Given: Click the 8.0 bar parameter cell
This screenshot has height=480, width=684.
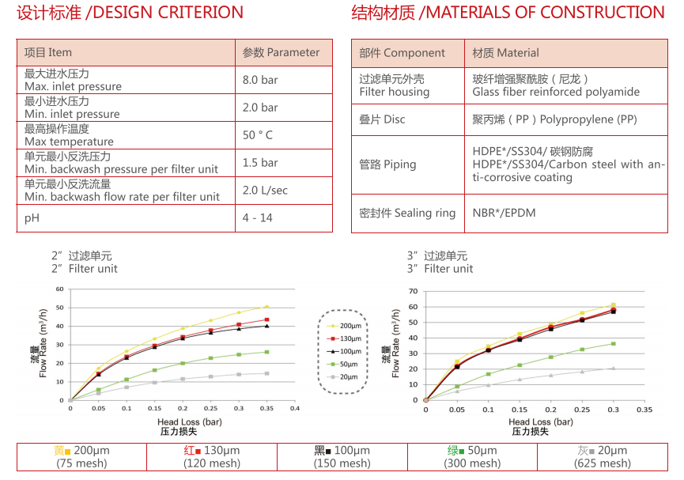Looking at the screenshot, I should (x=260, y=80).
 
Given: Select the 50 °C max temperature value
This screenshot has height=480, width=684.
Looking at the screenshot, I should (x=258, y=135).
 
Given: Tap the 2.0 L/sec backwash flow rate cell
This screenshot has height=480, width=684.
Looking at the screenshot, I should (x=265, y=191).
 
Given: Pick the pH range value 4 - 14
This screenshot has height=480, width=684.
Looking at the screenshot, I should (x=257, y=217).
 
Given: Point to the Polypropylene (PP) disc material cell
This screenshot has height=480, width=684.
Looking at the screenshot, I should (x=554, y=119).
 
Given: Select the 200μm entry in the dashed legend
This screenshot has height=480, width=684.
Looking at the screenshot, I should (x=345, y=326).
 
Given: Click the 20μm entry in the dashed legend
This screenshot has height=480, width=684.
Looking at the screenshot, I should (x=345, y=376).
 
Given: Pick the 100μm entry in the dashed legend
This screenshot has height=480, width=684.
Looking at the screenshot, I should (x=345, y=351).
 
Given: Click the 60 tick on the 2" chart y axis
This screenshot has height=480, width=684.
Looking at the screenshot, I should (x=59, y=289).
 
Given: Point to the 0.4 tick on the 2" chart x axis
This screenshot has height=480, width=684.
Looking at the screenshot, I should (x=294, y=409).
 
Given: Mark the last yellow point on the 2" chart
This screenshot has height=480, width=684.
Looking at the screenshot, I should (x=266, y=306).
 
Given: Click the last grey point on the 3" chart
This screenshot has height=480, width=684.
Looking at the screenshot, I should (x=612, y=368).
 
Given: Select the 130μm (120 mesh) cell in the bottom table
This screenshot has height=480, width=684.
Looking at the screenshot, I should (x=212, y=457).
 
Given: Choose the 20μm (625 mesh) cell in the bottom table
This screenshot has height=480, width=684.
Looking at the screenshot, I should (x=603, y=457).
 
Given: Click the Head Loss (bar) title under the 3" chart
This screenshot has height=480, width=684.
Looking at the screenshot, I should (x=541, y=422).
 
